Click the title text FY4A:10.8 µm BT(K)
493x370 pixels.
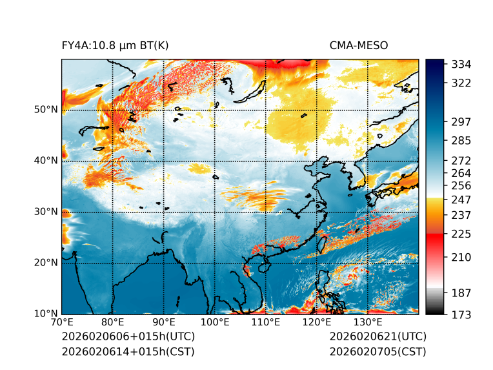[x=115, y=45]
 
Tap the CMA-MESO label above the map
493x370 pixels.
[x=358, y=45]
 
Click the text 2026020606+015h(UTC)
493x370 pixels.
[x=128, y=337]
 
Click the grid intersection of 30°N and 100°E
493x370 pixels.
[x=215, y=212]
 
